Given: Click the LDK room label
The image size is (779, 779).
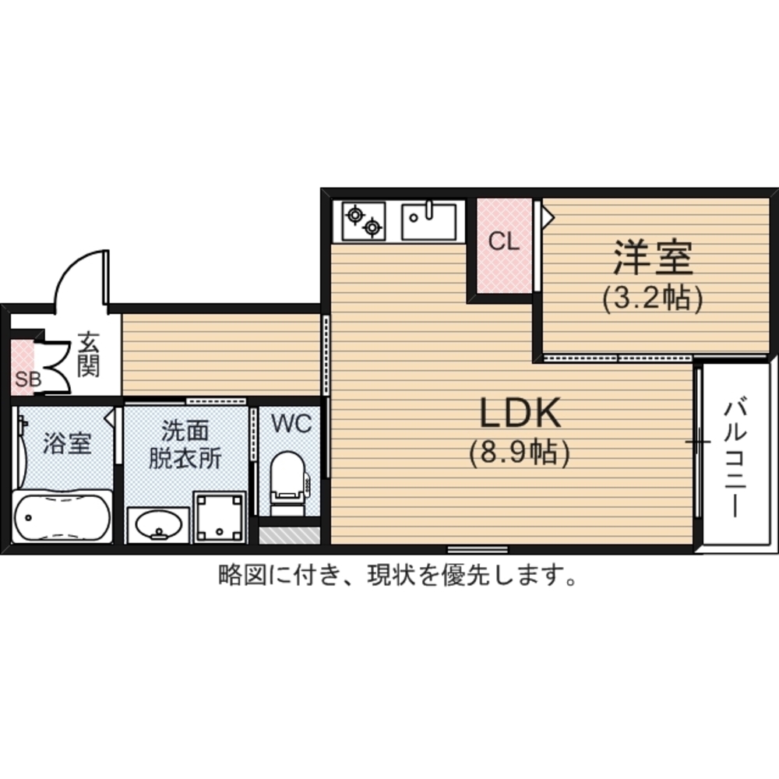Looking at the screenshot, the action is tap(520, 413).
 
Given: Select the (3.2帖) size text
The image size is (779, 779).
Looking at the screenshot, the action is tap(653, 298).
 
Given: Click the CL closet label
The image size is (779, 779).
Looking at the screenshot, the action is tap(504, 241).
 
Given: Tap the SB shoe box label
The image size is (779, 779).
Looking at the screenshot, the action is tap(28, 379).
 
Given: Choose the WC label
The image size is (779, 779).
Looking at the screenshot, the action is tap(291, 424).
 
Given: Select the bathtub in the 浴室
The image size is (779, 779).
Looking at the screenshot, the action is tap(62, 517).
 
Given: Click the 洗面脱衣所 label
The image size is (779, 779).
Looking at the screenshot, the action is tap(185, 445).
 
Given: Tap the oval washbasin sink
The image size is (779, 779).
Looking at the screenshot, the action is tap(158, 525).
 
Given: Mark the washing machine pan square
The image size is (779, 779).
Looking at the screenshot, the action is tap(220, 517).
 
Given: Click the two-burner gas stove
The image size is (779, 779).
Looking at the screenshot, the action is tap(363, 221).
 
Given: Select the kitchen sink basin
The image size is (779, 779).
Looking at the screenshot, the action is tap(429, 221).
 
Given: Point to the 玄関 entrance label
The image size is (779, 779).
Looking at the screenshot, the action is tap(89, 354).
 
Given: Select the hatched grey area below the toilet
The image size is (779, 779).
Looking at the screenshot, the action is tap(289, 536).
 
